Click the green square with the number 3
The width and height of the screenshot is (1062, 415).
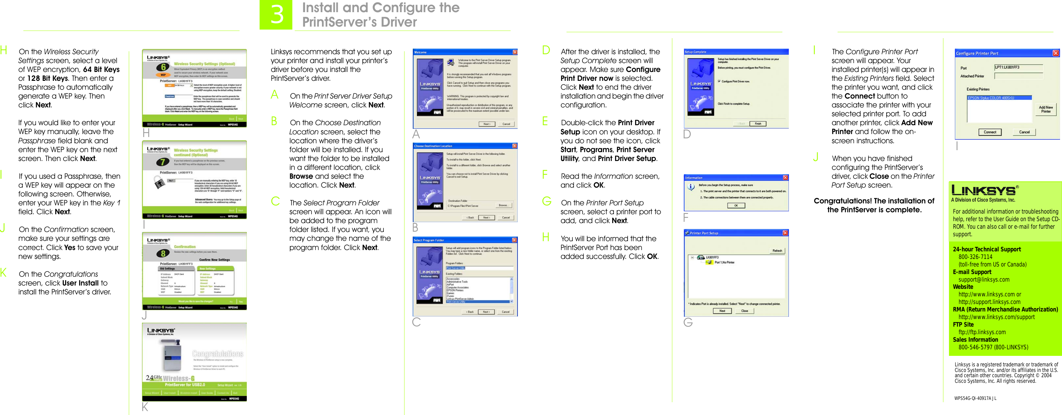tap(276, 15)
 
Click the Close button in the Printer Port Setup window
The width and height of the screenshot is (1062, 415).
tap(745, 311)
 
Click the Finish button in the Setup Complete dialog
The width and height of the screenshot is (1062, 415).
tap(758, 124)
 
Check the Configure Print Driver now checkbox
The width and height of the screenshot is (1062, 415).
tap(719, 81)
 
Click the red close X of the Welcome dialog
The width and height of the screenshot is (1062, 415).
tap(515, 52)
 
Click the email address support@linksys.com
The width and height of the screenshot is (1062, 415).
tap(984, 279)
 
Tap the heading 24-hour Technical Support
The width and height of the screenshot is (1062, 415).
tap(986, 249)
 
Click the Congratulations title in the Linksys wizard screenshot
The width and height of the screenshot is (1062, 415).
tap(218, 354)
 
